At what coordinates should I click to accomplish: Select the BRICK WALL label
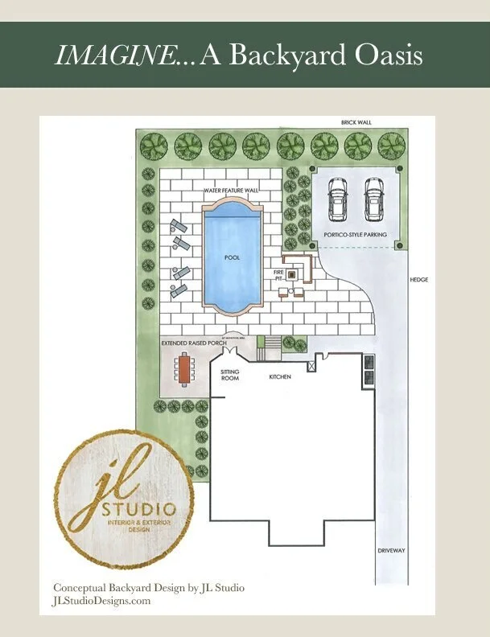pos(356,122)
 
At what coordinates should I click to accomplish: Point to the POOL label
pos(233,257)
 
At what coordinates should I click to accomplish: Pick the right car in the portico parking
pos(373,198)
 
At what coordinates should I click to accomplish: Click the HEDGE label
pos(418,279)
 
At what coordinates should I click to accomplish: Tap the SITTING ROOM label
pos(230,375)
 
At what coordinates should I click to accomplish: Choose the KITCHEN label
pos(281,376)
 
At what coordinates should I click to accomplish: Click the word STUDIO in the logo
pos(139,508)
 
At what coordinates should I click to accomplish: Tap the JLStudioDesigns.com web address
pos(101,601)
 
